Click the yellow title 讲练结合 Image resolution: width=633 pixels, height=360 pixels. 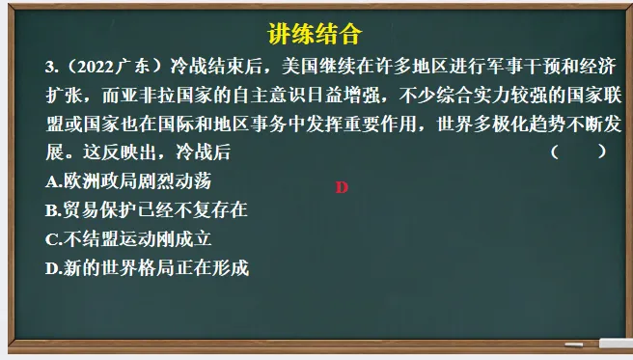(x=315, y=36)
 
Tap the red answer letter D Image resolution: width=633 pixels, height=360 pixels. (x=341, y=187)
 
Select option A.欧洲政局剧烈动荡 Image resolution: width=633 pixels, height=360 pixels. (x=128, y=180)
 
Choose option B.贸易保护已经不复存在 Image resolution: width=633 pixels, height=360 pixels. (x=147, y=209)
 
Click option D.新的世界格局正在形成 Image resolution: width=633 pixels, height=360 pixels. (x=147, y=268)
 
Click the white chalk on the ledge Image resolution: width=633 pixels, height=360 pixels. (x=616, y=343)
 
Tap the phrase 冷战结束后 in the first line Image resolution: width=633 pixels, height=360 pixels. (x=212, y=67)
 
